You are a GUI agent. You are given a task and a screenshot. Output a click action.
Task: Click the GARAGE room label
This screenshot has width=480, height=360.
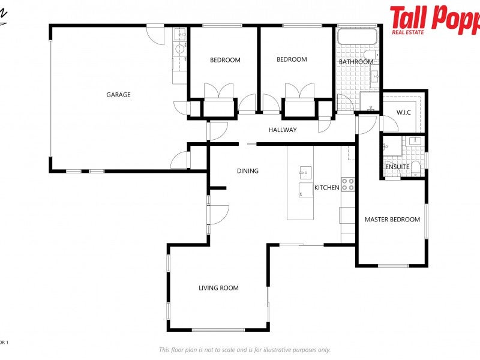[118, 95]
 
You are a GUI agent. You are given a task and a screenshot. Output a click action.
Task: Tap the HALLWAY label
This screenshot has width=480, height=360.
[283, 130]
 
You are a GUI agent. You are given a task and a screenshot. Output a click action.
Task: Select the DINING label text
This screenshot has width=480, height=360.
[248, 171]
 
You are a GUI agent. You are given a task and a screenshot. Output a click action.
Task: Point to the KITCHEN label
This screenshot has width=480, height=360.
[327, 188]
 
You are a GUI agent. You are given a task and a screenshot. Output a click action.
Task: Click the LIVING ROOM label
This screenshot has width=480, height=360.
[218, 288]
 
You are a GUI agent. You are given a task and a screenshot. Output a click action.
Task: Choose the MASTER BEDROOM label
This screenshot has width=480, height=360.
[392, 220]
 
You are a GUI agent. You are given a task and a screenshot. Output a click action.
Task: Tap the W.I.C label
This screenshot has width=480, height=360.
[403, 112]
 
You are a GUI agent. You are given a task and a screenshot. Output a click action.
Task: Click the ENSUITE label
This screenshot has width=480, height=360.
[397, 167]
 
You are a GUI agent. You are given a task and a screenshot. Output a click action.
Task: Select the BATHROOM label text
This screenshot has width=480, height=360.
[356, 62]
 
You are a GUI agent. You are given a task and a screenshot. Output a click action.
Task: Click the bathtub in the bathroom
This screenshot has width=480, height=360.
[357, 37]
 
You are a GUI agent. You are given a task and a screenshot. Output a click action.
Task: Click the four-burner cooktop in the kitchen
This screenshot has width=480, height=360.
[348, 184]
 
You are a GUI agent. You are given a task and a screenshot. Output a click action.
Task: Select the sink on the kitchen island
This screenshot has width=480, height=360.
[305, 173]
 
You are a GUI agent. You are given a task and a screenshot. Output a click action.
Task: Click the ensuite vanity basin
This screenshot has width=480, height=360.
[414, 141]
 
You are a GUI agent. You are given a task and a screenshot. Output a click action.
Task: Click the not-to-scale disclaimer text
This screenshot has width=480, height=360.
[244, 350]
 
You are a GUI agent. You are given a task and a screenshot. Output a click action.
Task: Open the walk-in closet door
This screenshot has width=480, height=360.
[388, 123]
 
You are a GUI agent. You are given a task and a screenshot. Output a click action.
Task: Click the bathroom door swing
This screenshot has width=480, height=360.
[344, 103]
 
